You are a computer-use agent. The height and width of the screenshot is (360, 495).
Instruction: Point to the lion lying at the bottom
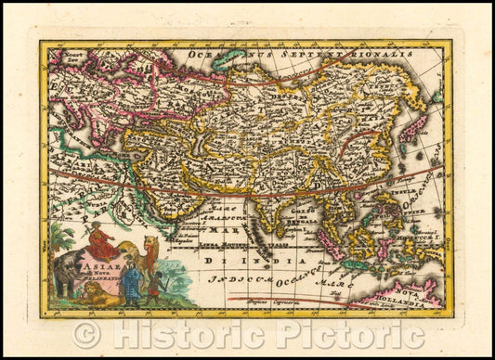click(101, 296)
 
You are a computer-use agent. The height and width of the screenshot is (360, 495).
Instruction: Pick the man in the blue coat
click(131, 282)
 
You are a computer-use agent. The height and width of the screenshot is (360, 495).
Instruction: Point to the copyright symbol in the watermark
click(86, 335)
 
